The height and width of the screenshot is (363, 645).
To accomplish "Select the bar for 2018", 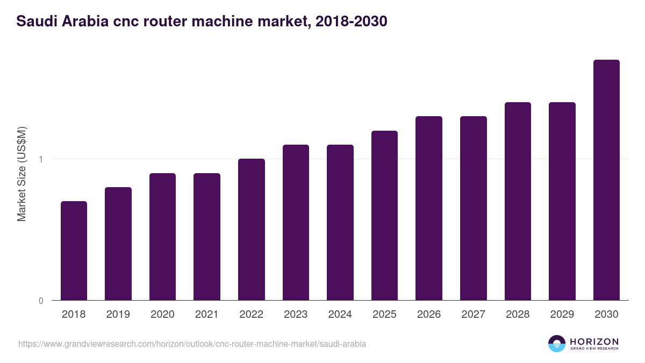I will tap(74, 251).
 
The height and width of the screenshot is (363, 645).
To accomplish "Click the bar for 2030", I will tap(606, 180).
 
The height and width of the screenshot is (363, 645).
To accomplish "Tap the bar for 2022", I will tap(251, 230).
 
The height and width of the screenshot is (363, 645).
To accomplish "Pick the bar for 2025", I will tap(384, 215).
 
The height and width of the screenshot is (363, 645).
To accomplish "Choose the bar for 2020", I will tap(162, 237).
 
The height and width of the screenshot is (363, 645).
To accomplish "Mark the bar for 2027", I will tap(473, 208).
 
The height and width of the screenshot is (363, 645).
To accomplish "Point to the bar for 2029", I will tap(562, 201).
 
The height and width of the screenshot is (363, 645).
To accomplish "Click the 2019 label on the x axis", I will tap(118, 315).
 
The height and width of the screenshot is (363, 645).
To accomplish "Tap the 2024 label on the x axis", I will tap(340, 315).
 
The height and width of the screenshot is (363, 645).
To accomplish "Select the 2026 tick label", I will tap(428, 315).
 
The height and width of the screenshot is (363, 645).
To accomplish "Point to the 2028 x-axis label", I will tap(518, 315).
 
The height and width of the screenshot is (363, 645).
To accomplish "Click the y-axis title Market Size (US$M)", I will tap(21, 173).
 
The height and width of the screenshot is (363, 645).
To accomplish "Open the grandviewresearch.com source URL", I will tap(192, 344).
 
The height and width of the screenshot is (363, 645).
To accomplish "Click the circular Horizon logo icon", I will tap(557, 344).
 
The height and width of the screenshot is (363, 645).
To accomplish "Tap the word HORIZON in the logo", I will tap(594, 341).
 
